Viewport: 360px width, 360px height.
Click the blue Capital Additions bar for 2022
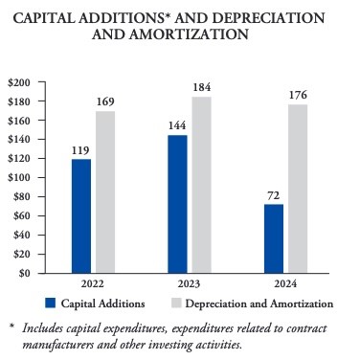81,216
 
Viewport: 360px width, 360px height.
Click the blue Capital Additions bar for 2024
274,238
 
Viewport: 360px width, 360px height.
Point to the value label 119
81,150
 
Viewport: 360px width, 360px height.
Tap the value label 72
274,195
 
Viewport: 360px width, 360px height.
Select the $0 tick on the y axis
24,273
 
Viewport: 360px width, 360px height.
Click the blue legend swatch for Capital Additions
51,304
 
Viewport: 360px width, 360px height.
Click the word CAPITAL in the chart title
47,18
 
